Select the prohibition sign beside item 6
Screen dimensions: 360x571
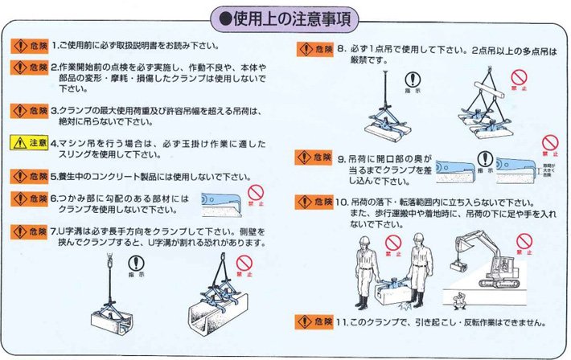(x=255, y=194)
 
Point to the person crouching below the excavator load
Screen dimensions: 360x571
(x=460, y=303)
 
